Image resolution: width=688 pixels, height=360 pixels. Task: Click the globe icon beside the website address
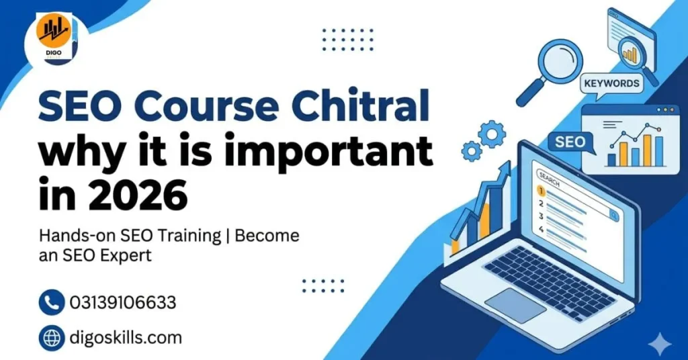coord(52,337)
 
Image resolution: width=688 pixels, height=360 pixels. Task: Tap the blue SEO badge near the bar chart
coord(570,142)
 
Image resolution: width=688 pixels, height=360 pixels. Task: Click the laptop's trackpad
coord(515,306)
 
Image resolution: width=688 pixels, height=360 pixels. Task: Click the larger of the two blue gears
coord(492,135)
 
